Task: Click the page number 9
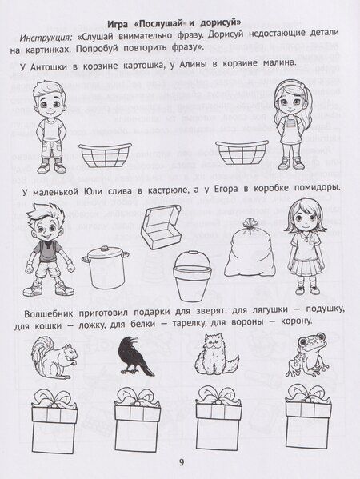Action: (x=182, y=462)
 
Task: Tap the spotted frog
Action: (x=307, y=354)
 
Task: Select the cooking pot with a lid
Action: (x=106, y=266)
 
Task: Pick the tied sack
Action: (x=250, y=248)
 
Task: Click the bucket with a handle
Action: (x=192, y=276)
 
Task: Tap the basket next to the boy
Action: (x=105, y=155)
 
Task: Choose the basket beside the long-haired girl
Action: (x=242, y=153)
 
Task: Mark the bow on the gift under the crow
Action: (x=138, y=397)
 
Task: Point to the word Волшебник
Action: (x=48, y=313)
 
